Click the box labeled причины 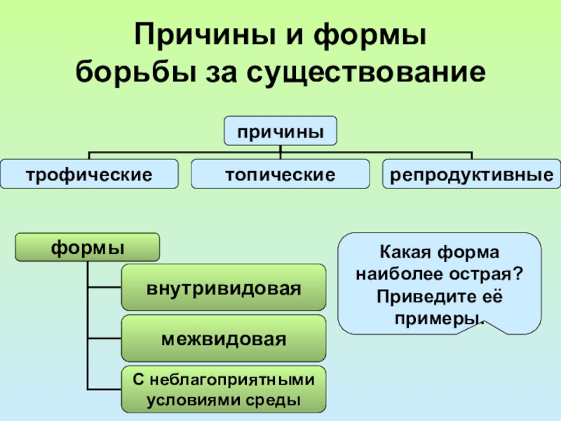(x=280, y=131)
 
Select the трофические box (x=89, y=173)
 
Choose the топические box (x=280, y=173)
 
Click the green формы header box (x=88, y=248)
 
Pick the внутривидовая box (x=224, y=288)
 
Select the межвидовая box (x=224, y=339)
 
